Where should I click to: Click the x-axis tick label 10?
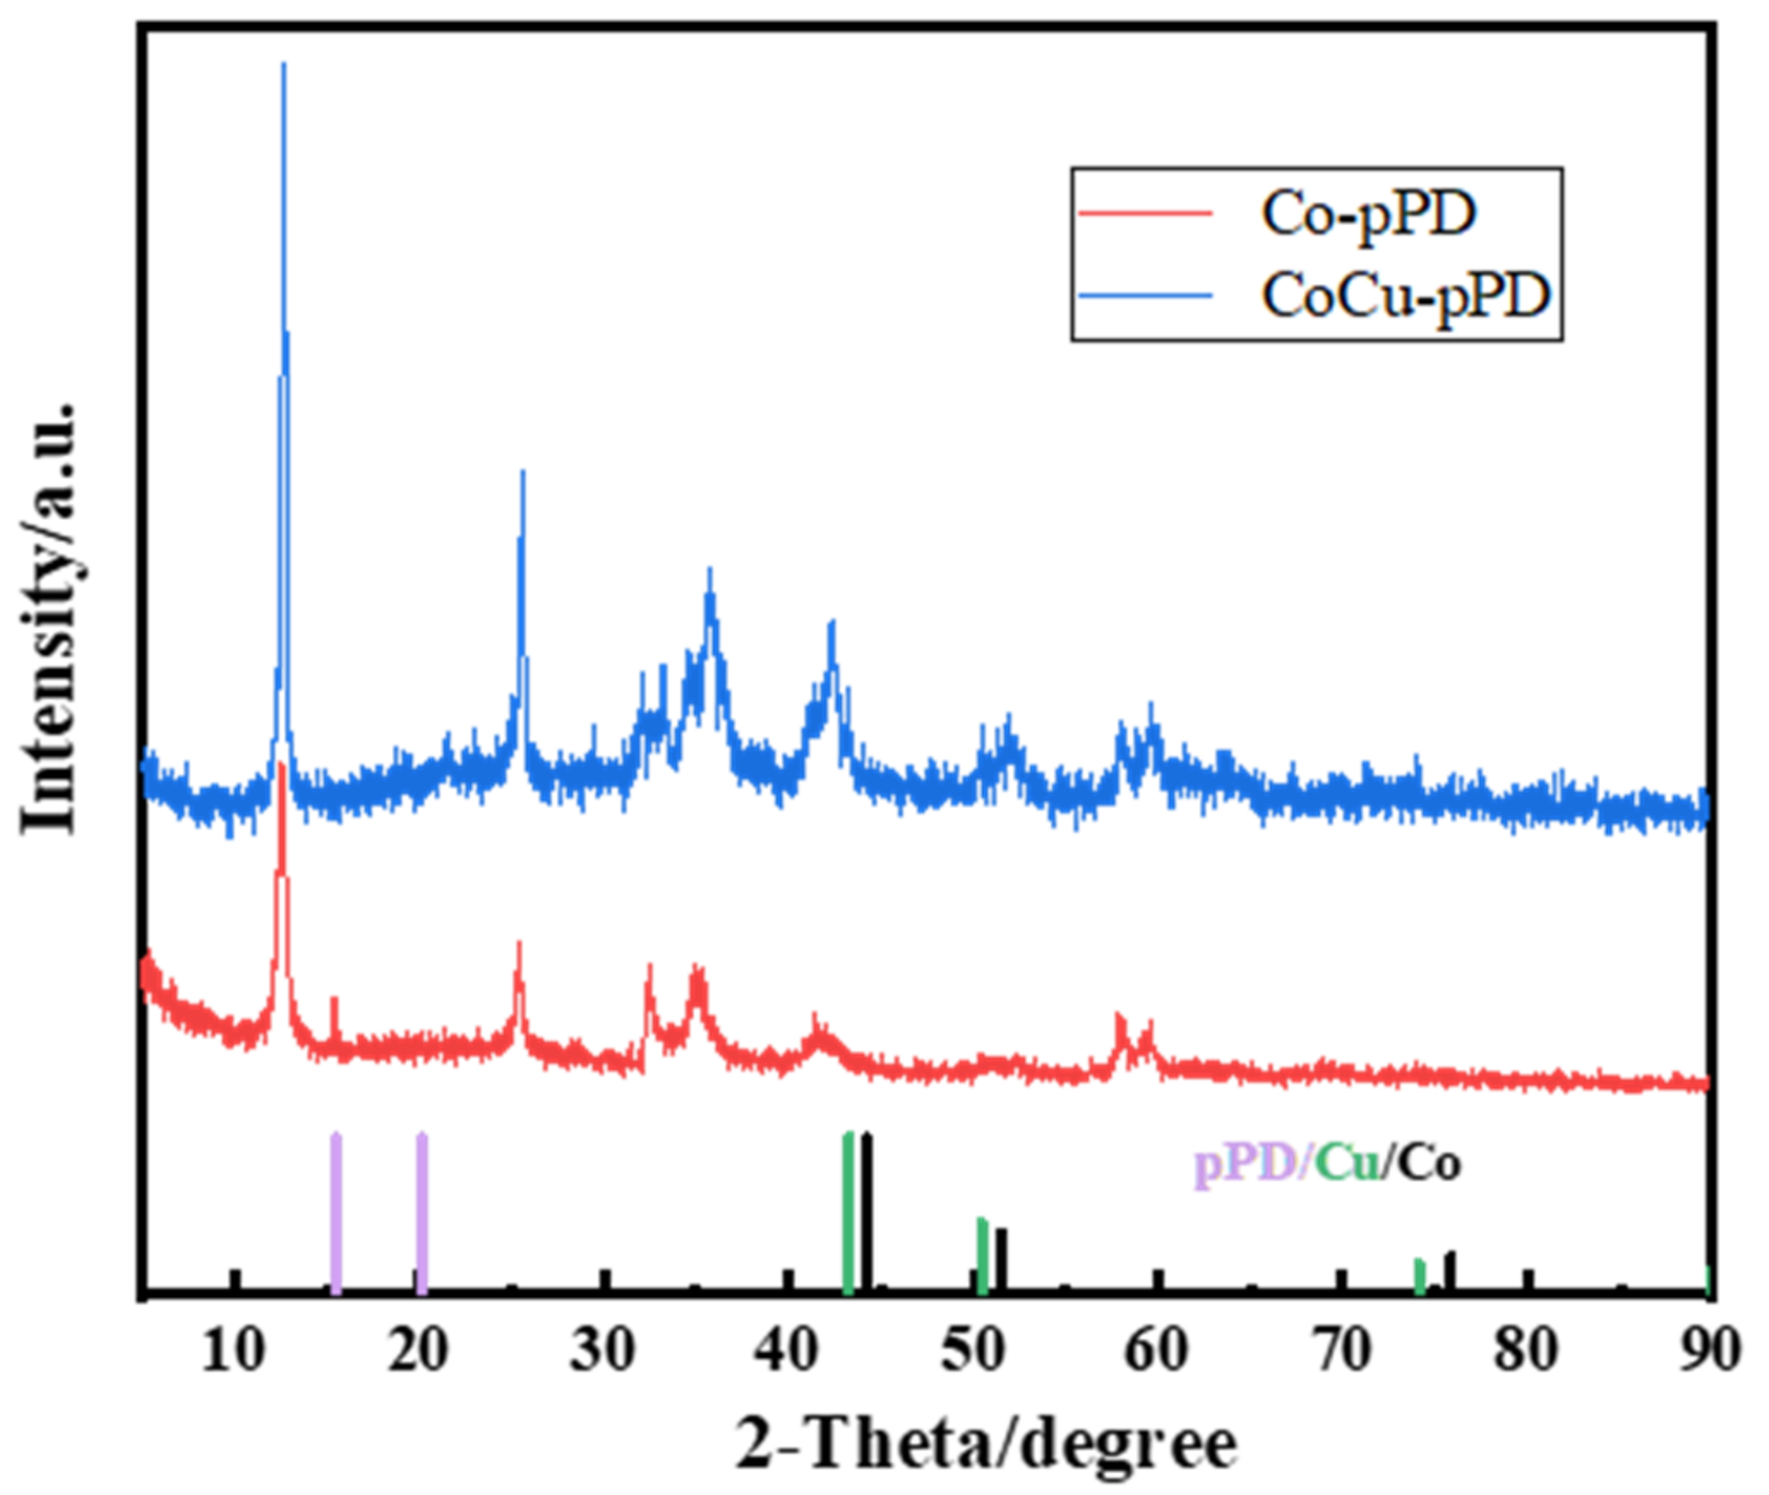coord(232,1352)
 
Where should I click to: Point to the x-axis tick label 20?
coord(418,1352)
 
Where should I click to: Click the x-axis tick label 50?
coord(973,1352)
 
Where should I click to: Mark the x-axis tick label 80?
coord(1526,1352)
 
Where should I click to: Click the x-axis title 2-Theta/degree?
coord(986,1445)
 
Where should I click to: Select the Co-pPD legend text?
coord(1369,213)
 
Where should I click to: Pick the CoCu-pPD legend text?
coord(1406,296)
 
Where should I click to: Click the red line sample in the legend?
coord(1146,213)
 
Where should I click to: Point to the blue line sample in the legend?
coord(1146,295)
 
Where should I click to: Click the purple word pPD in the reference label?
coord(1244,1163)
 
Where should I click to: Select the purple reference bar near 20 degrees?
coord(422,1213)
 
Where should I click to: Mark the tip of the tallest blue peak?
coord(284,64)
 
